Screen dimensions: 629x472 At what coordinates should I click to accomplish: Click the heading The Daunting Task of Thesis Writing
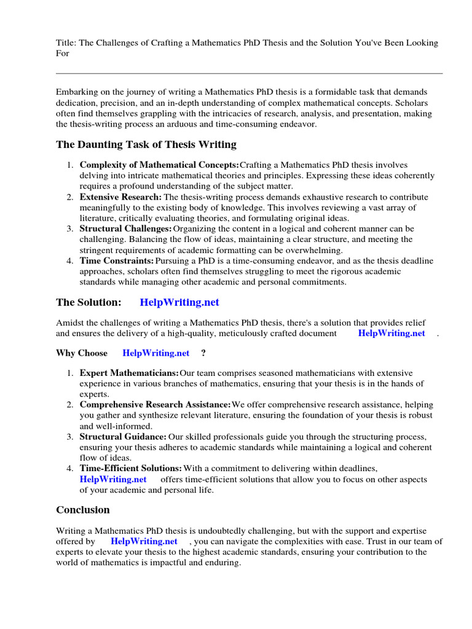pyautogui.click(x=146, y=145)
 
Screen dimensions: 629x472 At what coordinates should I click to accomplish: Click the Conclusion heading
pyautogui.click(x=83, y=510)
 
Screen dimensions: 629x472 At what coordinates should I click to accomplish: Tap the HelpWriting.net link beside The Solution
pyautogui.click(x=179, y=302)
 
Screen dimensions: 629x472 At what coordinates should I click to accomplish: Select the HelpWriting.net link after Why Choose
pyautogui.click(x=156, y=353)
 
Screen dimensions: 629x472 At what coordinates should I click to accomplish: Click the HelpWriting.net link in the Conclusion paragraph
pyautogui.click(x=144, y=541)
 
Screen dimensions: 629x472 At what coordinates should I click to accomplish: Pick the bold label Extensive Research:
pyautogui.click(x=120, y=197)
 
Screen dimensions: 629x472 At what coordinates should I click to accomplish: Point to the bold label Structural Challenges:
pyautogui.click(x=125, y=229)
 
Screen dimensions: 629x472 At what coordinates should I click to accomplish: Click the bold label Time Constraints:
pyautogui.click(x=117, y=261)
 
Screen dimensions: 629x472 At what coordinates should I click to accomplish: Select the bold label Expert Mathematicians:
pyautogui.click(x=129, y=373)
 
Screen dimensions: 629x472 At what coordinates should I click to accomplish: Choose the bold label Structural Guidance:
pyautogui.click(x=123, y=437)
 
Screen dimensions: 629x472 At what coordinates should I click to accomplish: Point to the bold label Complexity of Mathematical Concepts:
pyautogui.click(x=159, y=165)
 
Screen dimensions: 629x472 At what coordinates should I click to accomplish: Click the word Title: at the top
pyautogui.click(x=66, y=43)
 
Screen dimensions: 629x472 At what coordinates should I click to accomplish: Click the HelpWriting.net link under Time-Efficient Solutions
pyautogui.click(x=113, y=479)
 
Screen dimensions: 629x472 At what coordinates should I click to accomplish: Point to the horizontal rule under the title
pyautogui.click(x=249, y=73)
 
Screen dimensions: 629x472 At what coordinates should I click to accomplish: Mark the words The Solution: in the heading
pyautogui.click(x=88, y=302)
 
